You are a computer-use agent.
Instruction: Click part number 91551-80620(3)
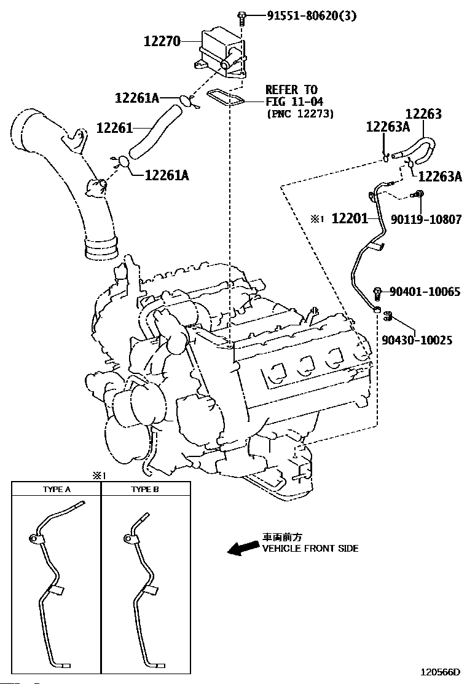point(312,16)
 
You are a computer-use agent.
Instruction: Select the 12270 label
point(162,41)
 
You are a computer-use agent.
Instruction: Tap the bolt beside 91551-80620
point(241,18)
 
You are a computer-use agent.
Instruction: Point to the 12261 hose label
point(114,128)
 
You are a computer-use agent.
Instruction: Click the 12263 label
point(423,114)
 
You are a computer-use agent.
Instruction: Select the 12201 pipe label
point(350,218)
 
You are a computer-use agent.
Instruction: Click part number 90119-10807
point(426,219)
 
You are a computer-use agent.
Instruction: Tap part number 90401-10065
point(425,291)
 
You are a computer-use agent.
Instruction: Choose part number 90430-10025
point(417,340)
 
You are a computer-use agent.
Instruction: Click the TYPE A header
point(57,490)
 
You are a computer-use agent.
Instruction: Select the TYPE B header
point(145,490)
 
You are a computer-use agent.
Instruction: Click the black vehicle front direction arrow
point(243,549)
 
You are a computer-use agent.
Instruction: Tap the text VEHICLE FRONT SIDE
point(310,548)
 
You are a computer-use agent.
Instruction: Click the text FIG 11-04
point(294,102)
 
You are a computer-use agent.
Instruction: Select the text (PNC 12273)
point(300,114)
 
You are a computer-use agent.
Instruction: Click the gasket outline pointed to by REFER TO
point(225,97)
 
